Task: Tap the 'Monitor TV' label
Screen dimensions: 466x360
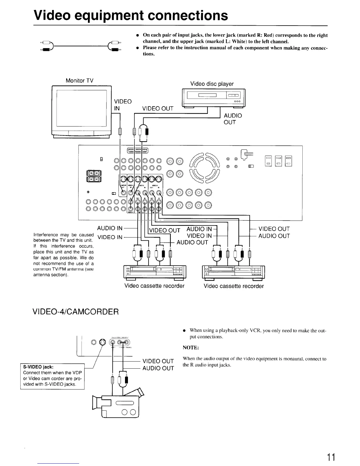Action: click(79, 81)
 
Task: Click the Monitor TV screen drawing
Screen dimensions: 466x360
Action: click(81, 108)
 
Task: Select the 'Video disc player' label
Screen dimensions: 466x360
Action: click(212, 84)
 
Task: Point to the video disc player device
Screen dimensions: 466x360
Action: click(214, 98)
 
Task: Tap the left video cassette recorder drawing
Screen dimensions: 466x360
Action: click(155, 272)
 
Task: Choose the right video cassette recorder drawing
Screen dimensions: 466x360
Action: click(234, 272)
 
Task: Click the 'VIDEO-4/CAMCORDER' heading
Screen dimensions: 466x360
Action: click(76, 311)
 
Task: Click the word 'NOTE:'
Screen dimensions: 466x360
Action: click(191, 348)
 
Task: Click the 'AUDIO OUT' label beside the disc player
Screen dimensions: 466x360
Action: click(233, 119)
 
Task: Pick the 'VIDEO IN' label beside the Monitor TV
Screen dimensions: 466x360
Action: click(123, 105)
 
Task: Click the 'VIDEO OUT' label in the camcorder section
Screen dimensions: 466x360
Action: click(158, 361)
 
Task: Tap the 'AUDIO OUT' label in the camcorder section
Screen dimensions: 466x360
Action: click(158, 368)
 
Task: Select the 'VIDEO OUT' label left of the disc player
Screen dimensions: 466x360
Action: click(158, 109)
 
